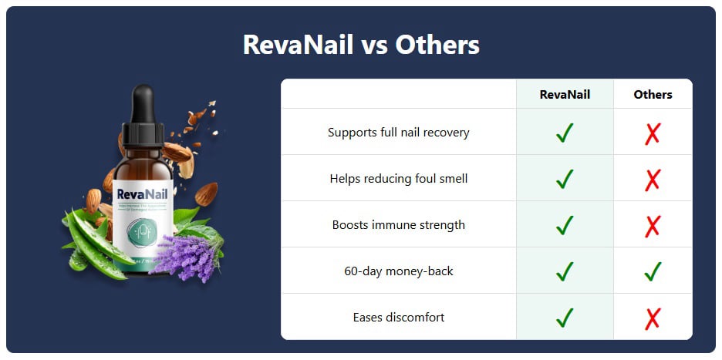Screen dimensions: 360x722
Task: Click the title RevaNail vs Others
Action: click(x=361, y=45)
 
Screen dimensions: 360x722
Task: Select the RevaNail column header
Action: click(x=565, y=94)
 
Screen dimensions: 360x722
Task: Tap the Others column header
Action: click(x=653, y=94)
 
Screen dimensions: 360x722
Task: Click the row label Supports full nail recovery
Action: click(x=398, y=132)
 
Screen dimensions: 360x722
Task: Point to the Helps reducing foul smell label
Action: click(x=398, y=178)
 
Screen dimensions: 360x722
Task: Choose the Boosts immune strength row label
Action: click(x=398, y=224)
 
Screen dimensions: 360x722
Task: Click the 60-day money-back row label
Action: click(x=398, y=271)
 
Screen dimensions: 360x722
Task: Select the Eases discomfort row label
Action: click(x=398, y=317)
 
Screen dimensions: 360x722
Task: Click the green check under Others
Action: click(x=653, y=271)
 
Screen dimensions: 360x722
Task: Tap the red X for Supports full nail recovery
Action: click(x=653, y=133)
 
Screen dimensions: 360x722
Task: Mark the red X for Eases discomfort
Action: click(x=653, y=318)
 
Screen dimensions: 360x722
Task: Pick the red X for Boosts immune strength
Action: click(x=653, y=225)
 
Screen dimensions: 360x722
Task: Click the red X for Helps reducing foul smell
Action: click(x=653, y=179)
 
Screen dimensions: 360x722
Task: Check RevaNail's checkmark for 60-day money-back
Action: click(x=565, y=271)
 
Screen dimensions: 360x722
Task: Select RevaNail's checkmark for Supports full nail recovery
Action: click(x=565, y=133)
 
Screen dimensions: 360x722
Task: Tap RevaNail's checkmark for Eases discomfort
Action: click(x=565, y=317)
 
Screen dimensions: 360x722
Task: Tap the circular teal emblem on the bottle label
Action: click(x=142, y=230)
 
